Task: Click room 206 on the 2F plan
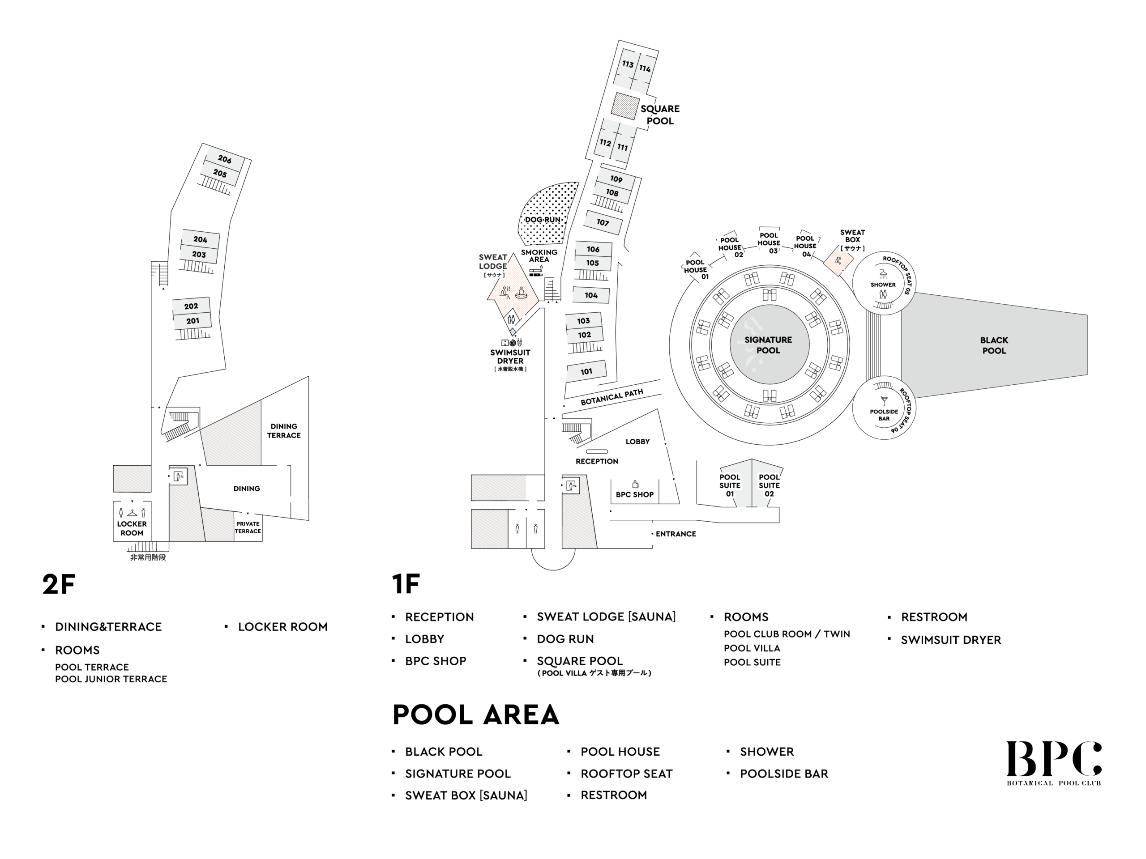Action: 224,159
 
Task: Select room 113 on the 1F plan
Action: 628,64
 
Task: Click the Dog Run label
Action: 543,220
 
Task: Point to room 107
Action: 603,222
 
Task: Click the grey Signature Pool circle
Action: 768,345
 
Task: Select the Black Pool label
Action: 994,345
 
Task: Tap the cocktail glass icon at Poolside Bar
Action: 884,401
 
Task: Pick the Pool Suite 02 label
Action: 769,485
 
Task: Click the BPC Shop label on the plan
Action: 635,494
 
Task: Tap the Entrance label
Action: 676,534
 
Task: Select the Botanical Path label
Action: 612,397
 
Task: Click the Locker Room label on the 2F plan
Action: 132,528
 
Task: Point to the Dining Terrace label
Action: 284,431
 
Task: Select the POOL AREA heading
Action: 475,715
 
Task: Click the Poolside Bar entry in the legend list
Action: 784,774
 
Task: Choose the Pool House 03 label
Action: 769,243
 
